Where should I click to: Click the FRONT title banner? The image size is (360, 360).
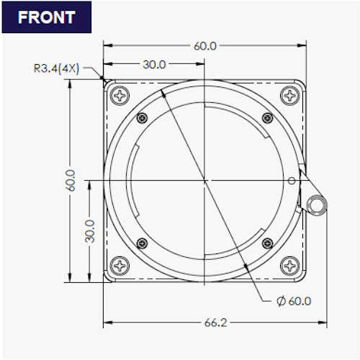(x=47, y=17)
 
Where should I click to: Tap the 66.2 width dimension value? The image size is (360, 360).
(x=215, y=323)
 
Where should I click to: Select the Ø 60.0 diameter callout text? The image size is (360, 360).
(x=294, y=301)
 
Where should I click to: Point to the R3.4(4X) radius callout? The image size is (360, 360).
(x=56, y=68)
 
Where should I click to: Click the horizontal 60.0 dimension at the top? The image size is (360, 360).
(x=205, y=46)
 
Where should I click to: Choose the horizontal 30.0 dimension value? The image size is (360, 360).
(x=154, y=65)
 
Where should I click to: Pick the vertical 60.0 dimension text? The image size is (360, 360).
(x=71, y=180)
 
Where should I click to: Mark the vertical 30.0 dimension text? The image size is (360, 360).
(x=90, y=231)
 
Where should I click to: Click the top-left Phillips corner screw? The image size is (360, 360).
(x=120, y=96)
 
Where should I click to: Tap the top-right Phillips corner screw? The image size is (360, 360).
(x=290, y=96)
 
